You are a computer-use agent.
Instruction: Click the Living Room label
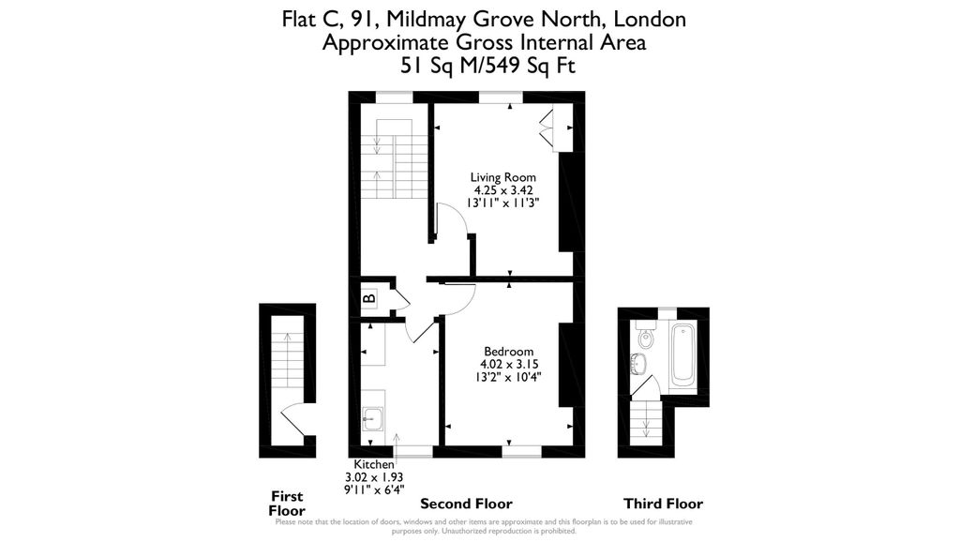pyautogui.click(x=503, y=177)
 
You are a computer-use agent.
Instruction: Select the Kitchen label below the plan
pyautogui.click(x=373, y=465)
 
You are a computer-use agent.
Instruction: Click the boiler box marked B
pyautogui.click(x=369, y=299)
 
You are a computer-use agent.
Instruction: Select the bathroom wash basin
pyautogui.click(x=643, y=363)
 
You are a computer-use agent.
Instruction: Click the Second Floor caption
pyautogui.click(x=466, y=504)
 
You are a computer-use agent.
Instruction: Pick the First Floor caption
pyautogui.click(x=287, y=504)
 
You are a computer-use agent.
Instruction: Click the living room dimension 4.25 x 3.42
pyautogui.click(x=503, y=189)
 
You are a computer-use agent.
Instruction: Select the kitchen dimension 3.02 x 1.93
pyautogui.click(x=373, y=476)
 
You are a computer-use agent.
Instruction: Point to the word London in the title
pyautogui.click(x=653, y=19)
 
